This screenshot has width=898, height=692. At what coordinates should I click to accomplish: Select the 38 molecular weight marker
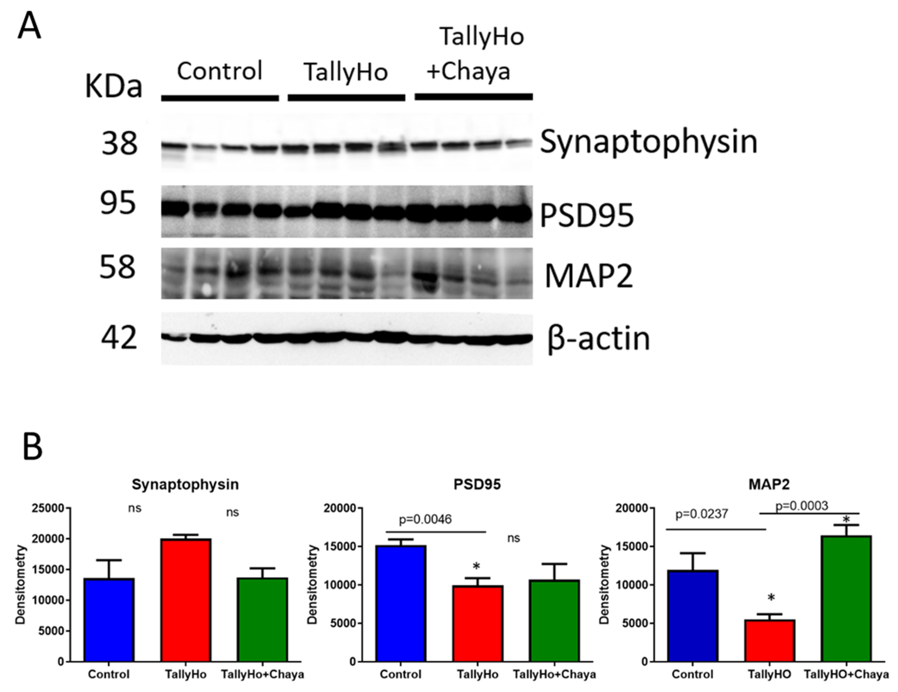(x=119, y=144)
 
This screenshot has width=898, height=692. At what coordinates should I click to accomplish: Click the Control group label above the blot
(x=220, y=71)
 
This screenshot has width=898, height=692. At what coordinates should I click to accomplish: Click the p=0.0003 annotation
(x=801, y=506)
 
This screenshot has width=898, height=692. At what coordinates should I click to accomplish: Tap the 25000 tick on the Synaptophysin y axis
(x=48, y=508)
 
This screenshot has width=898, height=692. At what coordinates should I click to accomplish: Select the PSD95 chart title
(x=477, y=484)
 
